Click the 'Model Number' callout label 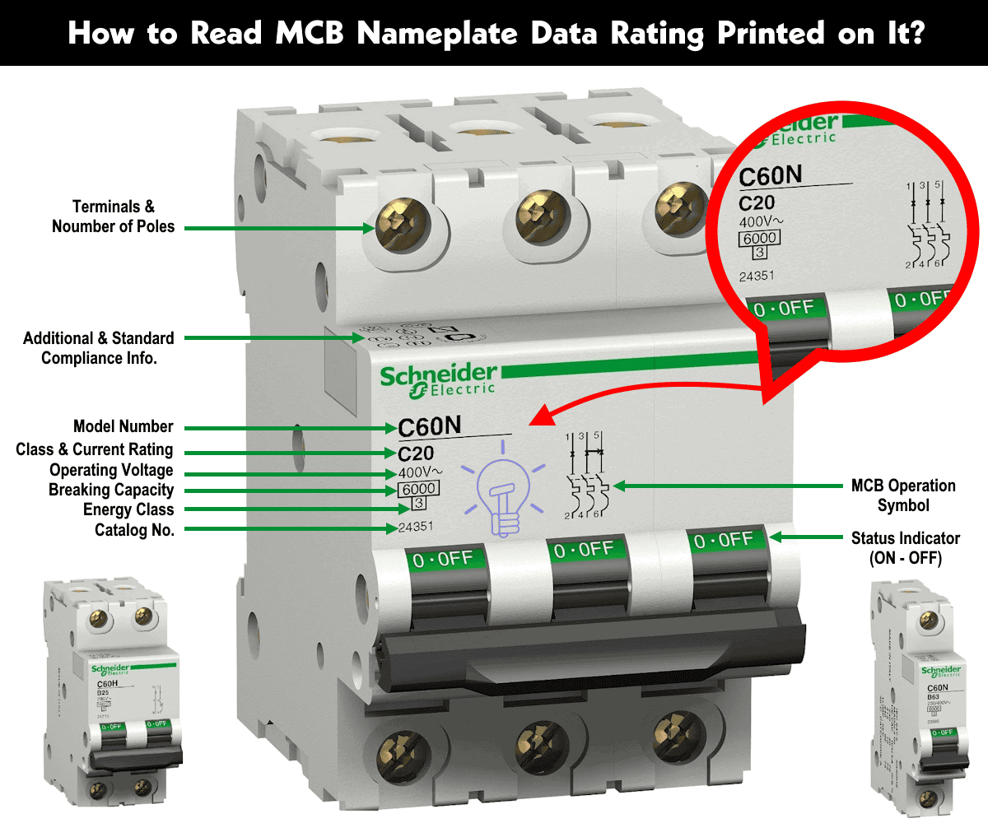pyautogui.click(x=123, y=426)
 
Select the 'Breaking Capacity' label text pyautogui.click(x=111, y=490)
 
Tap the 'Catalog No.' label pyautogui.click(x=134, y=530)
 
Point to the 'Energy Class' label pyautogui.click(x=128, y=509)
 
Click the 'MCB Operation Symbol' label pyautogui.click(x=903, y=495)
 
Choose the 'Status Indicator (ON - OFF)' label pyautogui.click(x=905, y=547)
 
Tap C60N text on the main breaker pyautogui.click(x=430, y=427)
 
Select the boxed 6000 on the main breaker pyautogui.click(x=417, y=489)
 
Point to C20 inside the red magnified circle pyautogui.click(x=757, y=204)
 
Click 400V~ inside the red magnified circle pyautogui.click(x=762, y=223)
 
